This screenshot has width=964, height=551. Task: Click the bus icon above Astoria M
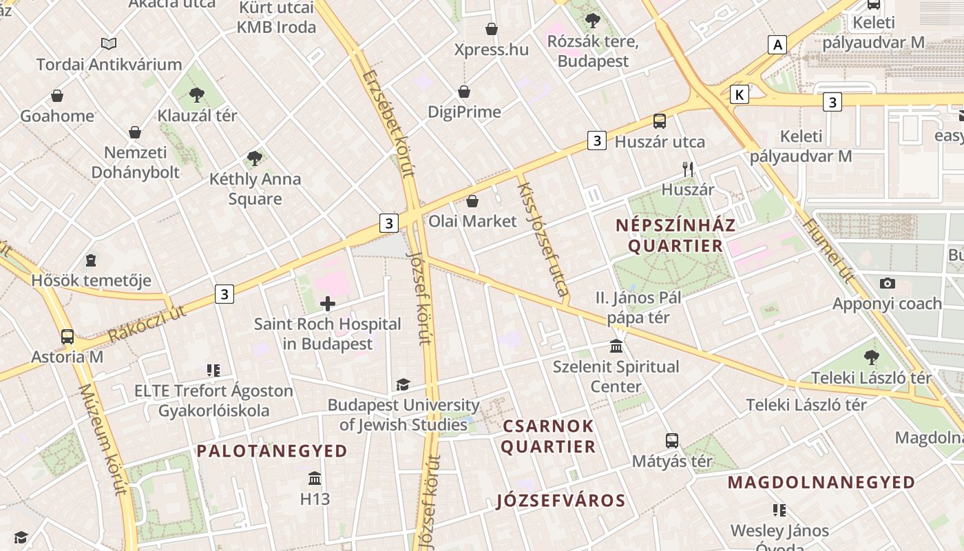pyautogui.click(x=67, y=337)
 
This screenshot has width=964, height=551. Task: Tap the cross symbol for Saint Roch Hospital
pyautogui.click(x=328, y=303)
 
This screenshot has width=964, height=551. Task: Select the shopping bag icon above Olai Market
pyautogui.click(x=472, y=201)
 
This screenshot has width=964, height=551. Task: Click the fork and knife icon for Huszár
pyautogui.click(x=687, y=169)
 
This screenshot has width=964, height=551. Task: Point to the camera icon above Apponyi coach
pyautogui.click(x=888, y=283)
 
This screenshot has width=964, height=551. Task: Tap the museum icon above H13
pyautogui.click(x=315, y=478)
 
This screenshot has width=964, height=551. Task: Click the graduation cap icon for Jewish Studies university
pyautogui.click(x=403, y=384)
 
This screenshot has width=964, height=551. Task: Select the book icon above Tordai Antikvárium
pyautogui.click(x=109, y=44)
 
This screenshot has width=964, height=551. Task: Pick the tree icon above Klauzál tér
pyautogui.click(x=197, y=95)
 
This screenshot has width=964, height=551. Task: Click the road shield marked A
pyautogui.click(x=778, y=45)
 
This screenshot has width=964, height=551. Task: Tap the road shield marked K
pyautogui.click(x=740, y=94)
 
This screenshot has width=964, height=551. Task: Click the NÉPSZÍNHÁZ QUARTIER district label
pyautogui.click(x=675, y=236)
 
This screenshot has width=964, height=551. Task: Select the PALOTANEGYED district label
pyautogui.click(x=272, y=451)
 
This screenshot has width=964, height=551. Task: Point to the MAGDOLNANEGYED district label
pyautogui.click(x=821, y=482)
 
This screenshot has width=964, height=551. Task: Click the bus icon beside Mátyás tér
pyautogui.click(x=672, y=441)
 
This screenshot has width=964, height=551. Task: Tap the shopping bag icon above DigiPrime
pyautogui.click(x=465, y=92)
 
